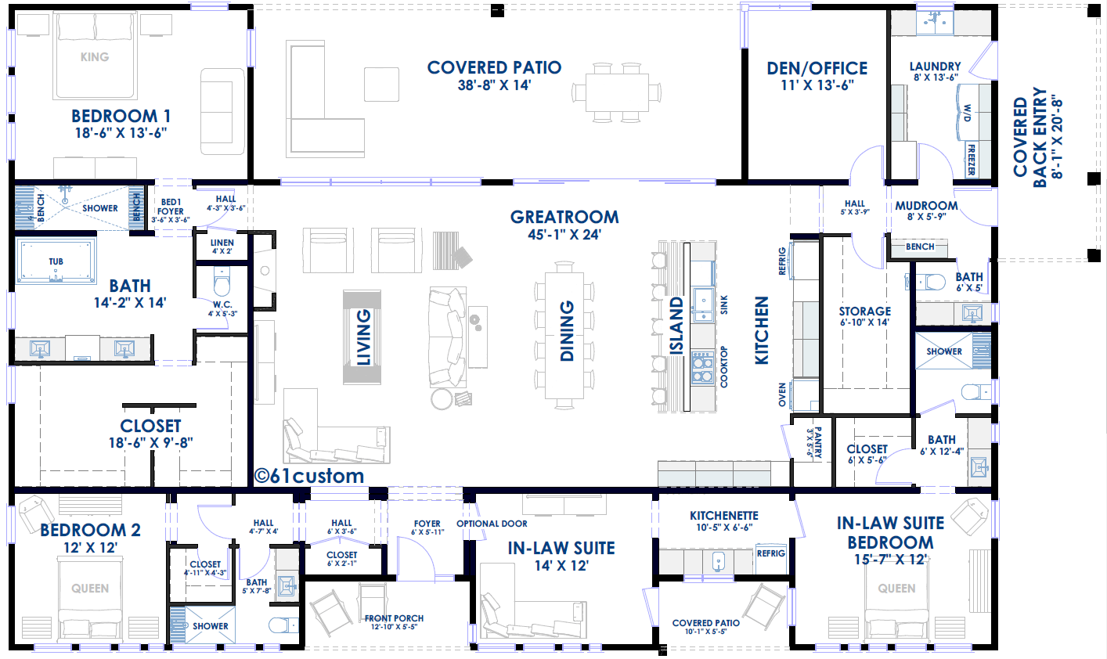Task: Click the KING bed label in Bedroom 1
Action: (95, 57)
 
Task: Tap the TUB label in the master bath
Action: (56, 261)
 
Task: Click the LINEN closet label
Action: (222, 243)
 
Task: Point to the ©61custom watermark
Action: (309, 476)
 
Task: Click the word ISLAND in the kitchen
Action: (676, 326)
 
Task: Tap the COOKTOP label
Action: (724, 366)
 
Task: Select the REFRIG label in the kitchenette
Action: (771, 553)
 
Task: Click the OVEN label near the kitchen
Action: (782, 394)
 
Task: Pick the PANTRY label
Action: (818, 443)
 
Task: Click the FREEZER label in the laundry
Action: (972, 160)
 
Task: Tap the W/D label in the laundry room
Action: (968, 113)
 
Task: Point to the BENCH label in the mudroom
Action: (920, 247)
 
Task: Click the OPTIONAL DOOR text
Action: (492, 524)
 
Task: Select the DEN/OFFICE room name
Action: (817, 68)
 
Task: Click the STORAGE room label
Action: (865, 311)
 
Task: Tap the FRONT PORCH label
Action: (394, 618)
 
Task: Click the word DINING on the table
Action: (567, 330)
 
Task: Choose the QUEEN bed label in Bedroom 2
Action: (90, 589)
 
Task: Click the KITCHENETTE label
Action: (724, 516)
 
